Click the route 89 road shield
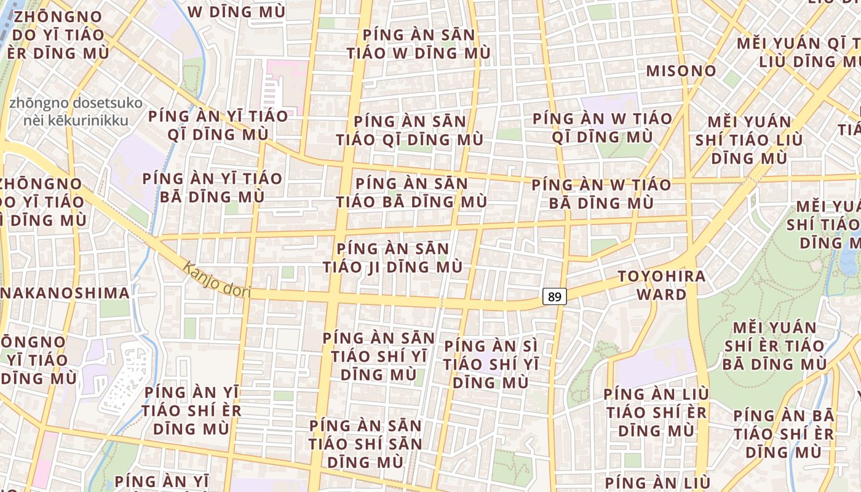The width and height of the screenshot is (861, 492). [554, 296]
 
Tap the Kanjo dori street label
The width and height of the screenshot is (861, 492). [217, 280]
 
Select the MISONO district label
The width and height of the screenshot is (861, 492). [681, 71]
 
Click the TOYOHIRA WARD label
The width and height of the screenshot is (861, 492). [661, 285]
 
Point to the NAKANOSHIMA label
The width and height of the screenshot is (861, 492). [65, 293]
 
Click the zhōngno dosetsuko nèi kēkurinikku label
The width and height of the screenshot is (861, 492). [76, 111]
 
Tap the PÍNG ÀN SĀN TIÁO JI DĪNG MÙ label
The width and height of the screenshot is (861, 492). [393, 258]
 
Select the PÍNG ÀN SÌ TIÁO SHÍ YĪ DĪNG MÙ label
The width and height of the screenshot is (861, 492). [491, 364]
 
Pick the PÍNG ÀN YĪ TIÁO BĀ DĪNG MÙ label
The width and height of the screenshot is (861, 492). [212, 188]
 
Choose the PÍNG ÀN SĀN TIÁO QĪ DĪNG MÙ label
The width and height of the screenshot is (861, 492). [410, 130]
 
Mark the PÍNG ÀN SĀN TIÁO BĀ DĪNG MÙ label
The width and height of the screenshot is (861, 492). [411, 192]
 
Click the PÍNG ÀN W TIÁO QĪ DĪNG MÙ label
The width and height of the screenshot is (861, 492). [602, 127]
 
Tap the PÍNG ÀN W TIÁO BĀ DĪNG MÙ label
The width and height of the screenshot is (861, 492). [601, 193]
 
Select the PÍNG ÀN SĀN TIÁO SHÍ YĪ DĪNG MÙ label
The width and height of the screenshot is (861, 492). [379, 356]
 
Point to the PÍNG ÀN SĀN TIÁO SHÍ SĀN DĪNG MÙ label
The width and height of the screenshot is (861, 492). [365, 443]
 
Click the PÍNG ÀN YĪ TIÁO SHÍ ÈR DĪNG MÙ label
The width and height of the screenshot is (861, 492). [191, 410]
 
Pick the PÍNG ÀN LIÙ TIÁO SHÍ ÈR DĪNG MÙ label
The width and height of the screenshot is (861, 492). [656, 412]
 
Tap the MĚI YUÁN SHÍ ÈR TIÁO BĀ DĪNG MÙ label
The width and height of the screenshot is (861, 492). [774, 346]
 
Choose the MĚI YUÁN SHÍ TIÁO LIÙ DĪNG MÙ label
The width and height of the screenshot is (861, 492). [748, 140]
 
